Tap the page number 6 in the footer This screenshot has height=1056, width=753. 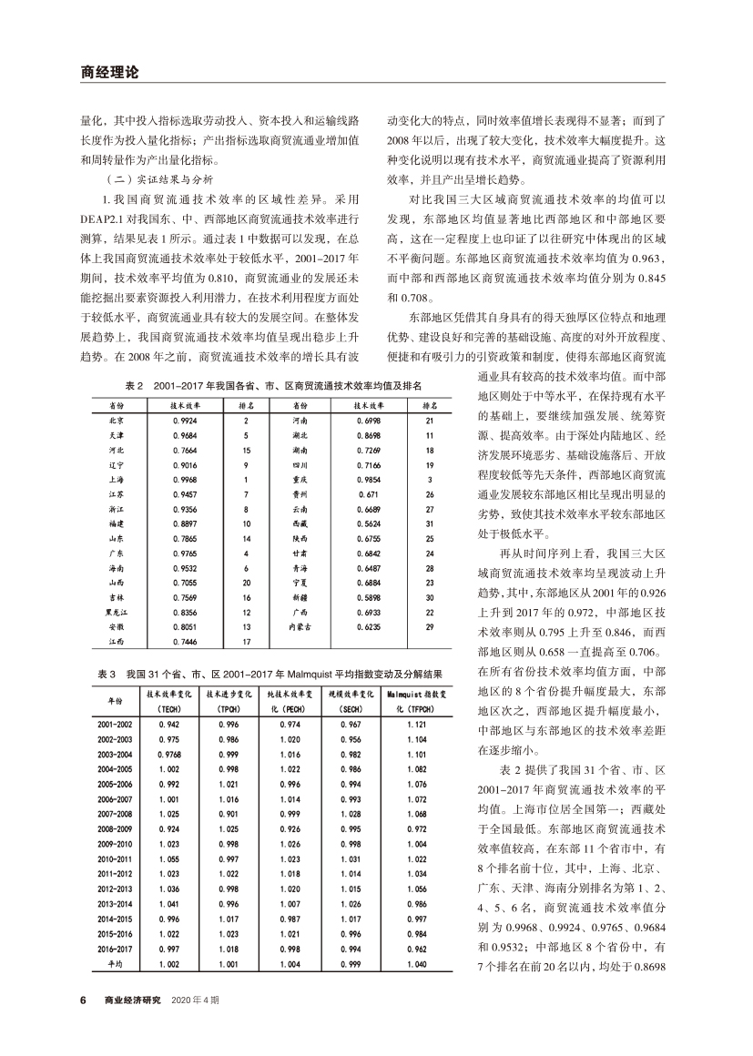82,999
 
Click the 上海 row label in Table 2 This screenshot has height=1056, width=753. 117,479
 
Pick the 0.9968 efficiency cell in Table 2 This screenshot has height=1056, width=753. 184,479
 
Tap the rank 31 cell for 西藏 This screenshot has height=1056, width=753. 429,524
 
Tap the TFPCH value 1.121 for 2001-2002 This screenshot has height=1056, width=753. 415,724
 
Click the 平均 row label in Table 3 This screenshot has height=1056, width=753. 116,963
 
